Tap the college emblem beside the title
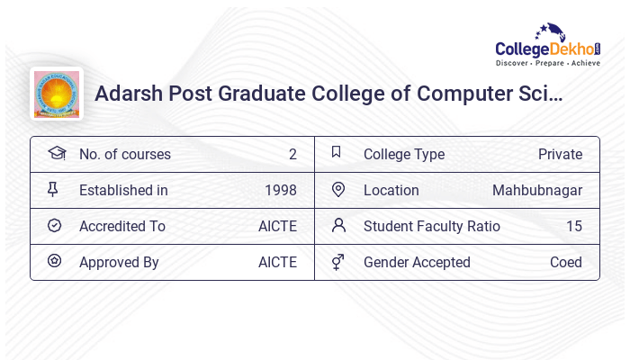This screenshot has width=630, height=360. [56, 94]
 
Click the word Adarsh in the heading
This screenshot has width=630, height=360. [126, 94]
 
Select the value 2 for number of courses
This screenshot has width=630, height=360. [292, 154]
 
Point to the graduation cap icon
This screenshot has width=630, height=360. [56, 153]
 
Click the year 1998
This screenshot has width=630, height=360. [281, 190]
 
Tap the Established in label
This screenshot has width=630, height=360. [123, 190]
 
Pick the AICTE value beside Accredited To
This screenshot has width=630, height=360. [277, 226]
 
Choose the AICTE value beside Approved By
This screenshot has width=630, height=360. [277, 262]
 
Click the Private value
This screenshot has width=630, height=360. [560, 154]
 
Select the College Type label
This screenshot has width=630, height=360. [403, 154]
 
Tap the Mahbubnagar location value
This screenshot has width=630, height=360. [537, 190]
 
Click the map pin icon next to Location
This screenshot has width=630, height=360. [338, 189]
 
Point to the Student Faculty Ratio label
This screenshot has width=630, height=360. [433, 226]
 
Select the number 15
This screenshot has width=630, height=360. [573, 226]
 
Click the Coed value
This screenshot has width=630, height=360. [565, 262]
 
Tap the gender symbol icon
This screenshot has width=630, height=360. [338, 262]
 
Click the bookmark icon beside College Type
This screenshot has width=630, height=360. [337, 152]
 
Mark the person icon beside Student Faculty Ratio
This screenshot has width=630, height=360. [338, 225]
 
